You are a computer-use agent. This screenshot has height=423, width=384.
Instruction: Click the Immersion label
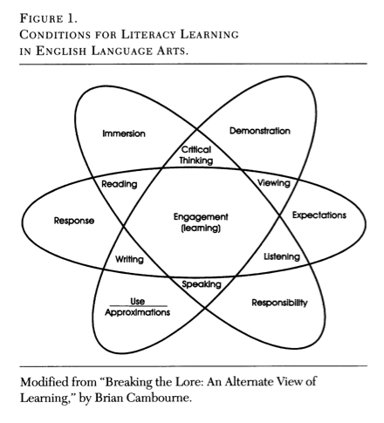pos(124,133)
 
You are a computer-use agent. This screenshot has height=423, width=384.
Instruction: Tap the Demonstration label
pos(260,131)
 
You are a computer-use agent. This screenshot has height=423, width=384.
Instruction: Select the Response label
pos(74,221)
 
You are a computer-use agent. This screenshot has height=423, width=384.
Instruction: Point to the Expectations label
pos(319,215)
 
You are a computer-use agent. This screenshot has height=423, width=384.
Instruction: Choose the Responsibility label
pos(279,303)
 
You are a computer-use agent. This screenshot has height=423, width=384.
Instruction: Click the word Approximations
pos(137,312)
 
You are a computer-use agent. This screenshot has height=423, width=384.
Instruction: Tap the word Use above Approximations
pos(137,301)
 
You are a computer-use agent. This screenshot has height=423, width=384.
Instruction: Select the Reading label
pos(120,184)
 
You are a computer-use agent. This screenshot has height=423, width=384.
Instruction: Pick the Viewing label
pos(274,183)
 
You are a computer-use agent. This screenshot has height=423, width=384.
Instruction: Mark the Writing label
pos(129,259)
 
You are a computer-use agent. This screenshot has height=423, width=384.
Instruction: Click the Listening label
pos(282,256)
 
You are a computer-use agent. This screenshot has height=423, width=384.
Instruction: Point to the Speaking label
pos(202,284)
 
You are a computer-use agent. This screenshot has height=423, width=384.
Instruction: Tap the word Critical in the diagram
pos(196,149)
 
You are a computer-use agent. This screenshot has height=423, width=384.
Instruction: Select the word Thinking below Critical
pos(196,160)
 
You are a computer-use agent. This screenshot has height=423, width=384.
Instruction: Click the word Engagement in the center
pos(201,217)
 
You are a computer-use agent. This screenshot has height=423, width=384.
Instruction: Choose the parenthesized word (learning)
pos(201,229)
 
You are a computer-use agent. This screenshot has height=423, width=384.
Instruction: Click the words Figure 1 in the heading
pos(49,18)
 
